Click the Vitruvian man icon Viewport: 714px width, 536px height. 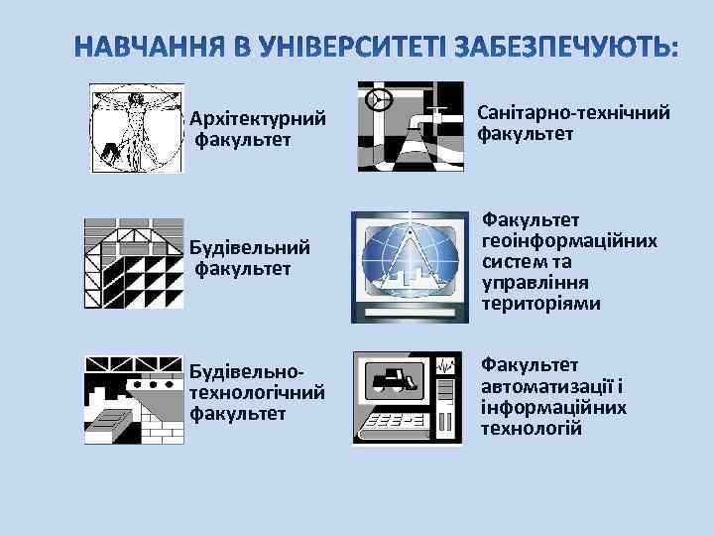[137, 128]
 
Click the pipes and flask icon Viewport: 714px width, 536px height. [410, 127]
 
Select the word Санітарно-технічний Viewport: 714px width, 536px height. [574, 113]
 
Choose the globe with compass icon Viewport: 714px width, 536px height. [410, 264]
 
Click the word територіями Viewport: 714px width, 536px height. [540, 303]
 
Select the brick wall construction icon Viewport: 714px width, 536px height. [135, 397]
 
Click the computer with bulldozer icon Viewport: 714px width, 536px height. [408, 397]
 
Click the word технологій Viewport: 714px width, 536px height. [532, 428]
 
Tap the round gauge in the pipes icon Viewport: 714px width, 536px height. [377, 99]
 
